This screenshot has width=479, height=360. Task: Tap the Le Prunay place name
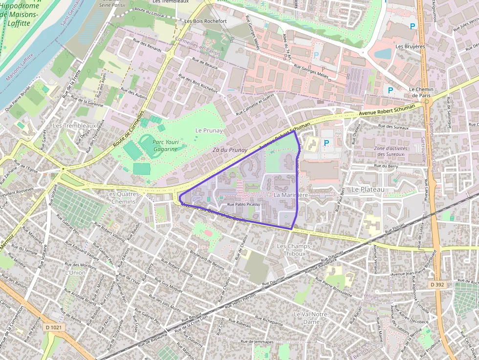pos(209,130)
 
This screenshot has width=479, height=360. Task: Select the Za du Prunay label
pos(230,150)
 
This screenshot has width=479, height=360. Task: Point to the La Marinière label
pos(291,195)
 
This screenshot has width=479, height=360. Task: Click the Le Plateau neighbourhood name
pos(368,189)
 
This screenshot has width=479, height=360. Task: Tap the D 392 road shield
pos(437,284)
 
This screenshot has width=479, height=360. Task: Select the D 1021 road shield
pos(53,327)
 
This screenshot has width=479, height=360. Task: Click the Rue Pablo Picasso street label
pos(244,204)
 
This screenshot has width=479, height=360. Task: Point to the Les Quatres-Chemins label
pos(123,198)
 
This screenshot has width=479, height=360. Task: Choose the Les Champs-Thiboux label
pos(291,250)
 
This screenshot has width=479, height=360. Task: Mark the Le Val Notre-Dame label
pos(310,318)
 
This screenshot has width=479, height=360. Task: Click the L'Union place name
pos(75,273)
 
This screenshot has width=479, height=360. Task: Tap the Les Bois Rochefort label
pos(205,21)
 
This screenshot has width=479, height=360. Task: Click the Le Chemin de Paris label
pos(421,92)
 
